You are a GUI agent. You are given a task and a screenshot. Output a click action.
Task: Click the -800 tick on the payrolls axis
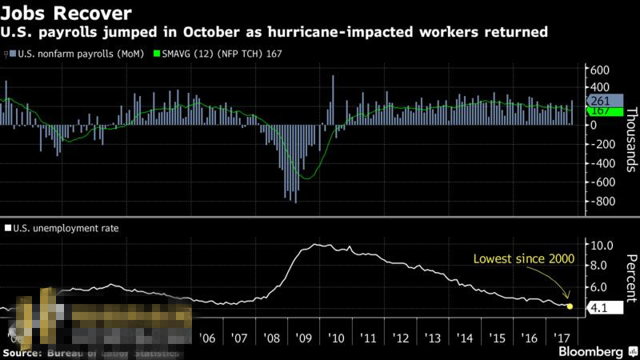601,201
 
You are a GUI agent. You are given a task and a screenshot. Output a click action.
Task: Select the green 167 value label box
600,111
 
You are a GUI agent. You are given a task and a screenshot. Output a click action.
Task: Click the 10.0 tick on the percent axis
601,245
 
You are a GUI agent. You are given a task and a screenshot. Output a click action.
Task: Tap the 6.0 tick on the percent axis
601,286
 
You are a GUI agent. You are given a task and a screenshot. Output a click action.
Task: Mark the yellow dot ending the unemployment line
570,306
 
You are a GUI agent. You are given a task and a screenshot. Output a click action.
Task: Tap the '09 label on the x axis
302,338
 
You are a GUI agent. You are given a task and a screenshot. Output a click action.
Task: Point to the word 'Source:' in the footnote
24,352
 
